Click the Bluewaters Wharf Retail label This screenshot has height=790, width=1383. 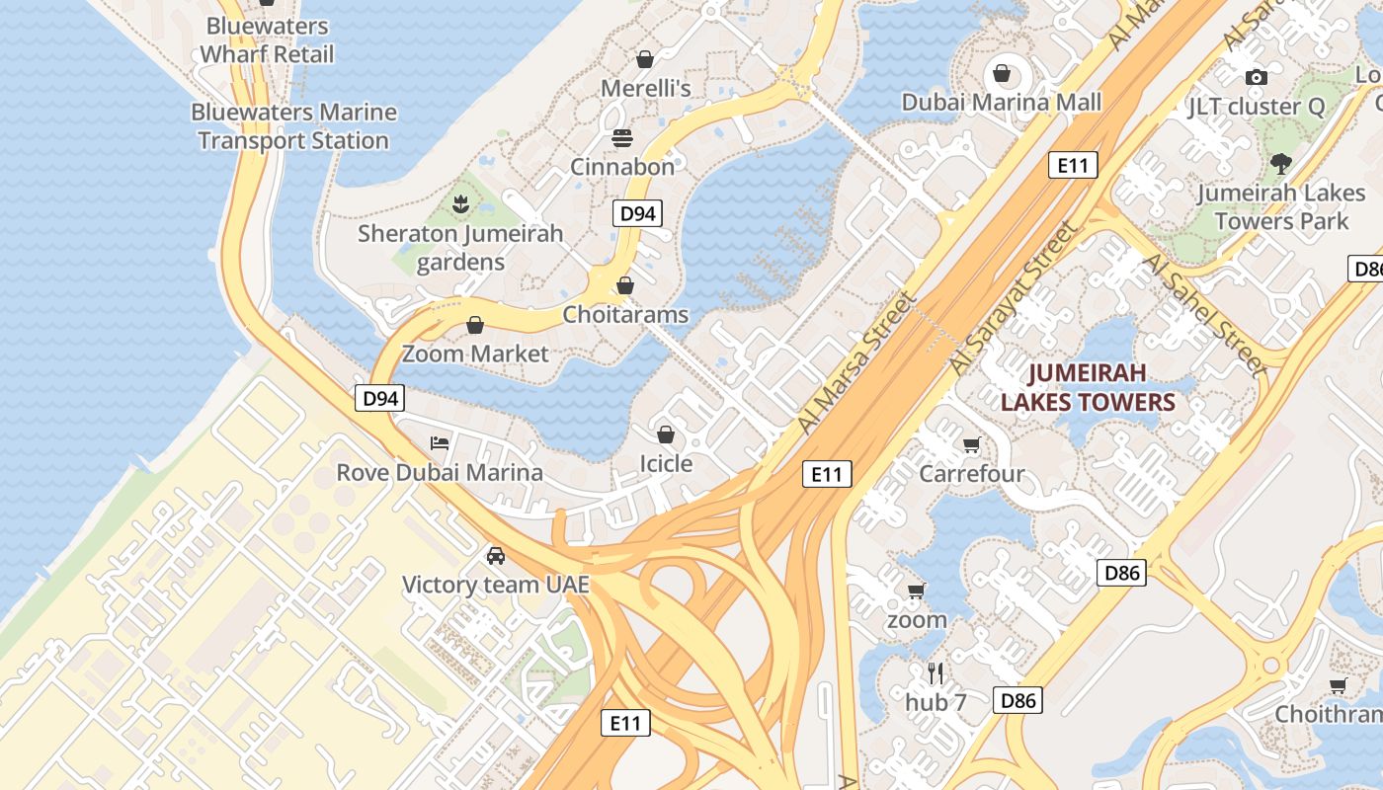[268, 40]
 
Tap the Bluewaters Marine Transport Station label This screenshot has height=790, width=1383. [293, 126]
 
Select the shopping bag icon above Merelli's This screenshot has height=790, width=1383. [645, 59]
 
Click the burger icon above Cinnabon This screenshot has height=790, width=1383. [621, 138]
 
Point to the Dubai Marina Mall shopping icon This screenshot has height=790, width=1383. [1002, 73]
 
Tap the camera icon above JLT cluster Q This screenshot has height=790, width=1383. [1256, 77]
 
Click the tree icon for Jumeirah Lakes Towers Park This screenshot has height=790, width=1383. [1281, 164]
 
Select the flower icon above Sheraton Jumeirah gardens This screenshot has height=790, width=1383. [460, 204]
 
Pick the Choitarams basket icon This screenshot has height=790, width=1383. [625, 286]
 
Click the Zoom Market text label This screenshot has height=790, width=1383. [475, 354]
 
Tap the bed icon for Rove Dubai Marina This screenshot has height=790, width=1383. [440, 442]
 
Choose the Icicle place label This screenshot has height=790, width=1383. [666, 463]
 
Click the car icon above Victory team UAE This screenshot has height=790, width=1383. [496, 555]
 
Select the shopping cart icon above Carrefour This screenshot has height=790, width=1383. [971, 445]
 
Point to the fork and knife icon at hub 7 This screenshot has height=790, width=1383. [936, 673]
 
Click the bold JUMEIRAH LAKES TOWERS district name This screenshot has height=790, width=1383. [1088, 387]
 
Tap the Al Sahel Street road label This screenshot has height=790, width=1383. [1203, 314]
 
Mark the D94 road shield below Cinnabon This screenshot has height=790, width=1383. [636, 213]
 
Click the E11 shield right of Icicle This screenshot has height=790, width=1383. [826, 474]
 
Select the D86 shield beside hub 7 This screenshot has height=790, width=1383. [1017, 700]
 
